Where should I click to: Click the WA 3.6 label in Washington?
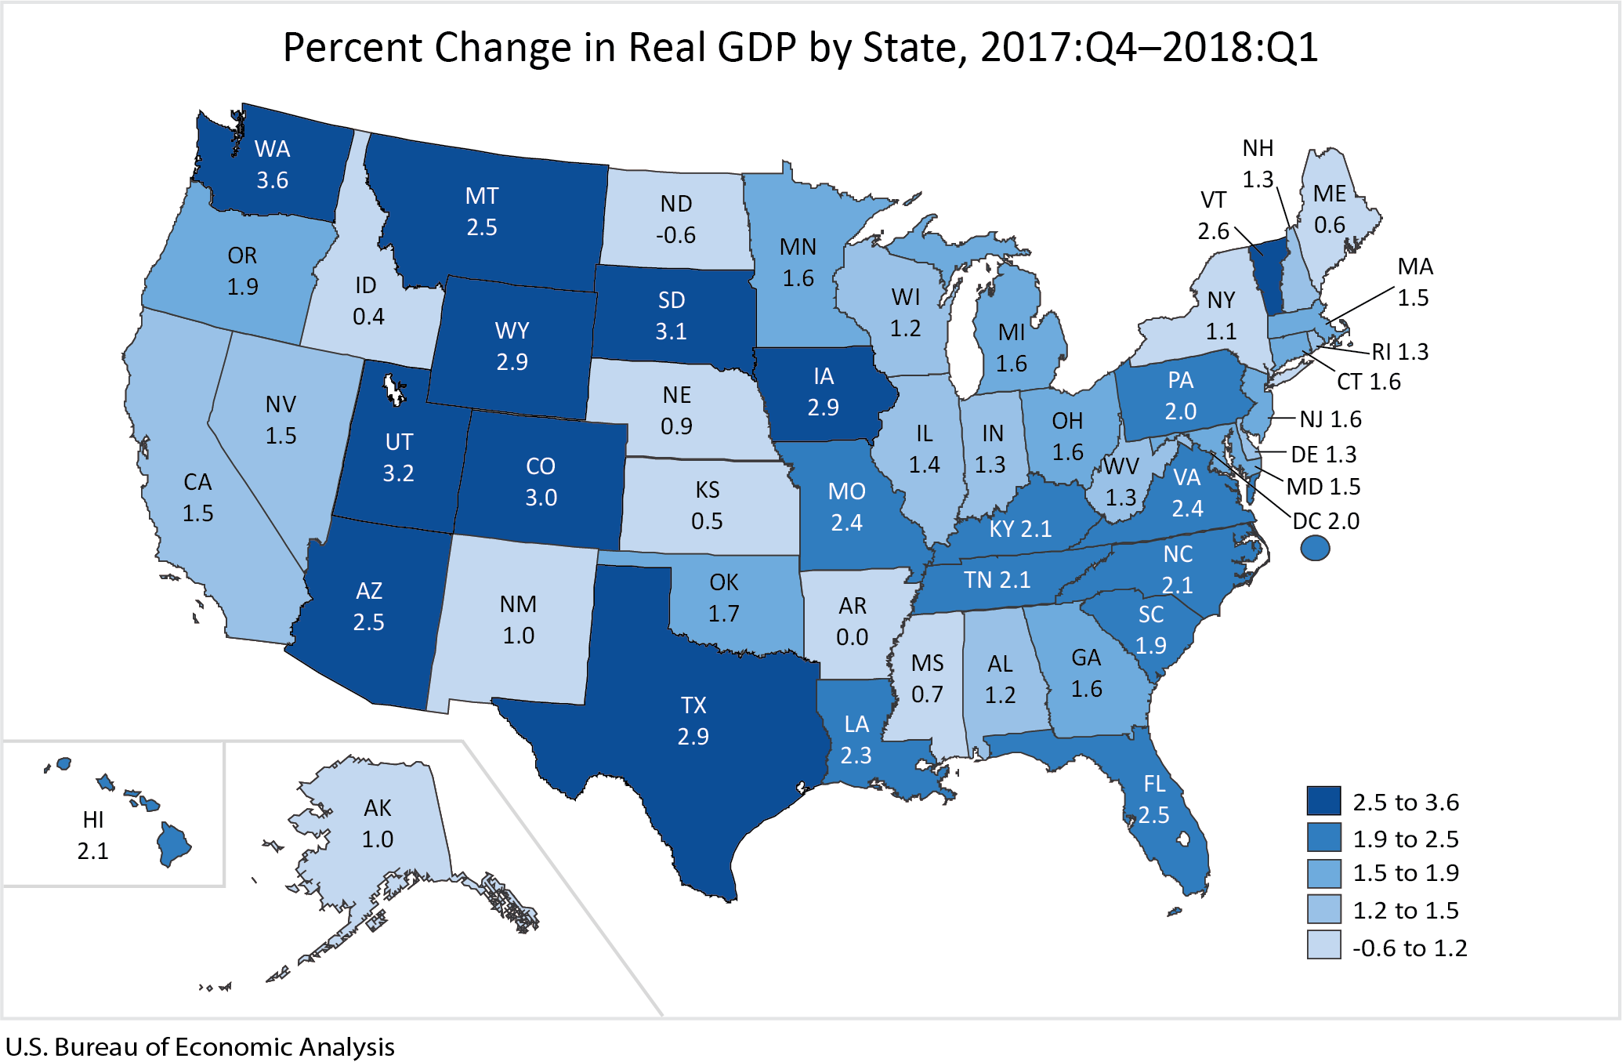[x=272, y=165]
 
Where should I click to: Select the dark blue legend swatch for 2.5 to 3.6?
[x=1323, y=801]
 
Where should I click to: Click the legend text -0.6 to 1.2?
[x=1410, y=948]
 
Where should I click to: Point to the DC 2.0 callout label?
[x=1326, y=520]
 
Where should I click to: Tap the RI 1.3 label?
[x=1399, y=351]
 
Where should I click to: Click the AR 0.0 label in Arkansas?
[x=852, y=622]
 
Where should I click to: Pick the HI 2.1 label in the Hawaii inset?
[x=92, y=835]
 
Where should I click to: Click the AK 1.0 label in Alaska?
[x=377, y=823]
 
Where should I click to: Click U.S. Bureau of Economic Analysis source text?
[x=200, y=1046]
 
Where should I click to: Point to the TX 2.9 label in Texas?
[x=693, y=720]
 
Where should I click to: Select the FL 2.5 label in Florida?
[x=1153, y=799]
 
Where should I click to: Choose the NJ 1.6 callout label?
[x=1330, y=419]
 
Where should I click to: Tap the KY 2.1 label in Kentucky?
[x=1019, y=528]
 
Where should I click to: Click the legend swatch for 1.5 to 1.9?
[x=1323, y=873]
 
